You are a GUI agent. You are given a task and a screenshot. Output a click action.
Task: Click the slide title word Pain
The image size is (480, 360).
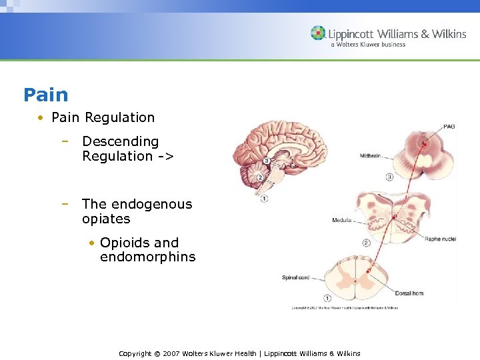click(45, 95)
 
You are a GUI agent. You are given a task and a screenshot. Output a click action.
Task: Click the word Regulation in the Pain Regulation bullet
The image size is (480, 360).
click(119, 117)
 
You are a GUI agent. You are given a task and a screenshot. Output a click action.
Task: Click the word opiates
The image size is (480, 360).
click(106, 219)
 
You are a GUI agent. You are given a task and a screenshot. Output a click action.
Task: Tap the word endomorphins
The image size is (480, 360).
click(148, 257)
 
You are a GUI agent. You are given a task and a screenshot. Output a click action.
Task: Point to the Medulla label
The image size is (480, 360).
click(342, 220)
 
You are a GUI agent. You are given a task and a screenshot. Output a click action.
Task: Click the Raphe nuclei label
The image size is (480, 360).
click(440, 238)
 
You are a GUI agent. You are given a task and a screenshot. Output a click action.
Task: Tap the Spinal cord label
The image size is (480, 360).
click(294, 277)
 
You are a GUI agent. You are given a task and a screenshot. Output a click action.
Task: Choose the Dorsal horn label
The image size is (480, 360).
click(409, 293)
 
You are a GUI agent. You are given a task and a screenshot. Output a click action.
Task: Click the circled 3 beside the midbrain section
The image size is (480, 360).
click(390, 177)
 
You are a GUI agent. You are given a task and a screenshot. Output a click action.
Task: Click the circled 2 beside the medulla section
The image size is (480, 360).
click(366, 243)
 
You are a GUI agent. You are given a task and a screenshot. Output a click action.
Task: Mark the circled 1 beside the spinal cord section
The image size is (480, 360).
click(327, 297)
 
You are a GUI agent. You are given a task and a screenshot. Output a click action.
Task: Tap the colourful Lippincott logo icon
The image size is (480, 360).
click(318, 33)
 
